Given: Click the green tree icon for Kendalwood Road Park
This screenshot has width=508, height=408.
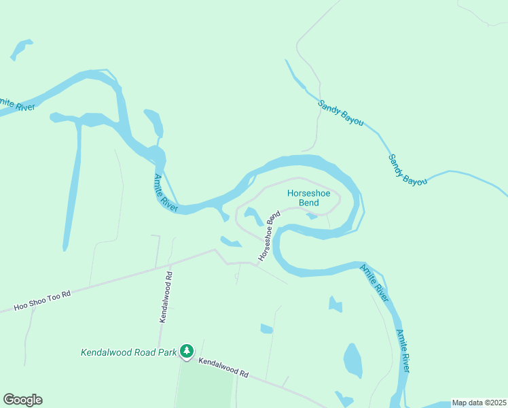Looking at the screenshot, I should click(187, 351).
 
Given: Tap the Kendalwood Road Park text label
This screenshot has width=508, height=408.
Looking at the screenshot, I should click(128, 352).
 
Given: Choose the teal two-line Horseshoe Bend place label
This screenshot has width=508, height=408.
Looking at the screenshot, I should click(308, 198).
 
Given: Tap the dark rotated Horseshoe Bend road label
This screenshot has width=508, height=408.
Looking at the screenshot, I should click(269, 236).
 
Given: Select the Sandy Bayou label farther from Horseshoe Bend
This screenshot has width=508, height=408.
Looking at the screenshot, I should click(407, 169).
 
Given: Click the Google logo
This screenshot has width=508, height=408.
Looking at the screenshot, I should click(22, 400).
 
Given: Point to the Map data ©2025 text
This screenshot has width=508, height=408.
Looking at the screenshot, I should click(479, 403).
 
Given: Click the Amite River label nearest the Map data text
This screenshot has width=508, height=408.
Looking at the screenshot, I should click(403, 350).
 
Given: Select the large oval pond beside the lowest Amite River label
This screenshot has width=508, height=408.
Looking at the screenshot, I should click(353, 360).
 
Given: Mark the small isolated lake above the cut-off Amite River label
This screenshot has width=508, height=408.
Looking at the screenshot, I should click(20, 49).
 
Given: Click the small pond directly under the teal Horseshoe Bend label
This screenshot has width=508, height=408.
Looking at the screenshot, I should click(312, 216).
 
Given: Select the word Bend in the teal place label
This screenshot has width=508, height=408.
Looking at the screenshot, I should click(308, 203).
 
